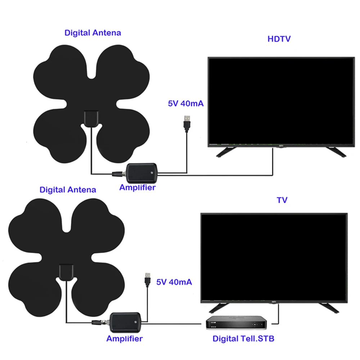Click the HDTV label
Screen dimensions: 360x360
[279, 39]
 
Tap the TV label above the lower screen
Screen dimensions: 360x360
[282, 200]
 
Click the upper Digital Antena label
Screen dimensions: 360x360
[93, 33]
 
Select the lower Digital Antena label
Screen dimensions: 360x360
[68, 189]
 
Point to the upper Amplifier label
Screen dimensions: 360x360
[138, 188]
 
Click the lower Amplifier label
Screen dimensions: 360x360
[124, 338]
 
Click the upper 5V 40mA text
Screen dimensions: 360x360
[186, 104]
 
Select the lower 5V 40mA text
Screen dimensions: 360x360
[174, 282]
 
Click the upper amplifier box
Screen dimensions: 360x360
[142, 172]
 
